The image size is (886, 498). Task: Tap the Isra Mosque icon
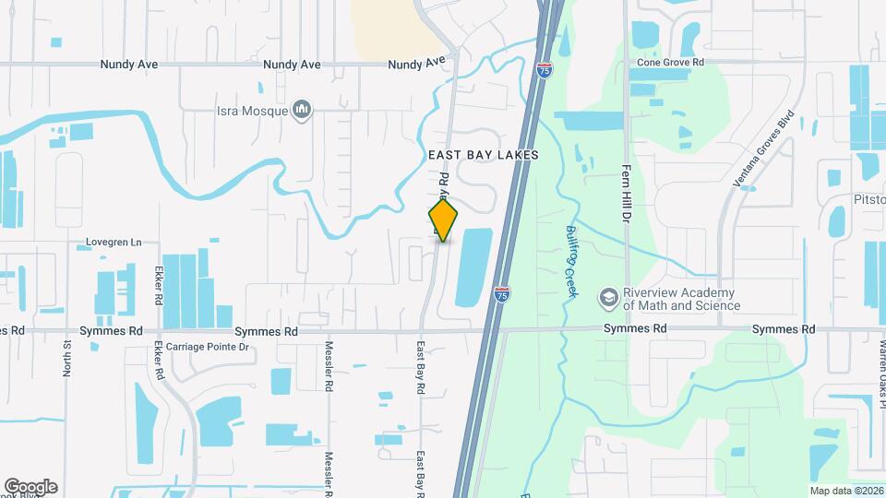[302, 112]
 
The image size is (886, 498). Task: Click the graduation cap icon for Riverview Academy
[608, 298]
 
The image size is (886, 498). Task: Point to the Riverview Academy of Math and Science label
[681, 299]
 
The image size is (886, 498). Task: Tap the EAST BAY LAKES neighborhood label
[484, 156]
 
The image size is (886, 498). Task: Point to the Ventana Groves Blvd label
[764, 152]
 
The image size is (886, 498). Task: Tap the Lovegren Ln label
[114, 243]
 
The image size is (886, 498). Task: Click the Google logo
[30, 487]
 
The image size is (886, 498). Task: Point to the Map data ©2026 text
[845, 490]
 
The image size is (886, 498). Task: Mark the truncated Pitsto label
[868, 200]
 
